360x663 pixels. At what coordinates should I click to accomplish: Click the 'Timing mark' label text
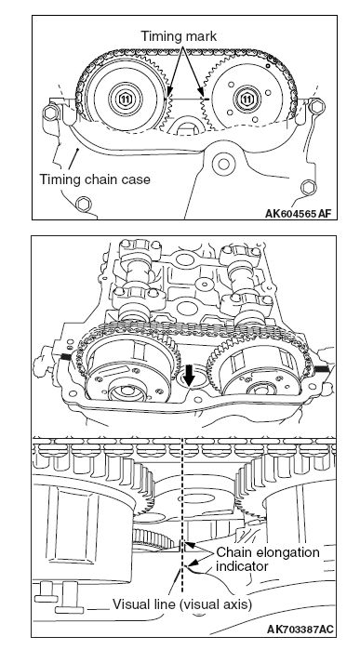(x=179, y=36)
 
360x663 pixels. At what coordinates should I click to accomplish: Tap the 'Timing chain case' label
(x=95, y=179)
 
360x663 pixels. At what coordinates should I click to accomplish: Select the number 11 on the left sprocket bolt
(x=125, y=99)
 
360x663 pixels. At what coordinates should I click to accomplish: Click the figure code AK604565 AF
(x=298, y=214)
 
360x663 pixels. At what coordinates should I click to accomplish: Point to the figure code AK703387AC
(x=300, y=630)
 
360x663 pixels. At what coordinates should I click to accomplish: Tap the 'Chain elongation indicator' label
(x=268, y=560)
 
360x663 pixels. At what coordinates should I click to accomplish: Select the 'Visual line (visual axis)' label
(x=182, y=604)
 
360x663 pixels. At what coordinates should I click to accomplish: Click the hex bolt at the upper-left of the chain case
(x=50, y=113)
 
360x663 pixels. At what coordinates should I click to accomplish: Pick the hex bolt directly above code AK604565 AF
(x=308, y=187)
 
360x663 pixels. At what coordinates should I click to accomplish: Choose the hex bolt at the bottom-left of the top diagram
(x=84, y=205)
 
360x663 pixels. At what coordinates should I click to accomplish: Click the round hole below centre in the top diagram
(x=223, y=164)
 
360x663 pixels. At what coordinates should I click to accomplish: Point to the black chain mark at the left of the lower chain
(x=65, y=357)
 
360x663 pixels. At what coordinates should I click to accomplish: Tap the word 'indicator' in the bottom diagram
(x=242, y=566)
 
